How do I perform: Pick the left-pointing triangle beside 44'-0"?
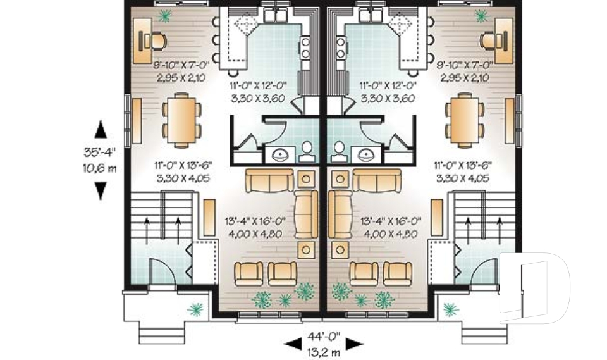pyautogui.click(x=292, y=344)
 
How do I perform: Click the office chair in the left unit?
pyautogui.click(x=156, y=40)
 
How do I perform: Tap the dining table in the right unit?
pyautogui.click(x=465, y=120)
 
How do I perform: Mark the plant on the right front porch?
pyautogui.click(x=450, y=309)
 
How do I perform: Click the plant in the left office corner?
pyautogui.click(x=164, y=17)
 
